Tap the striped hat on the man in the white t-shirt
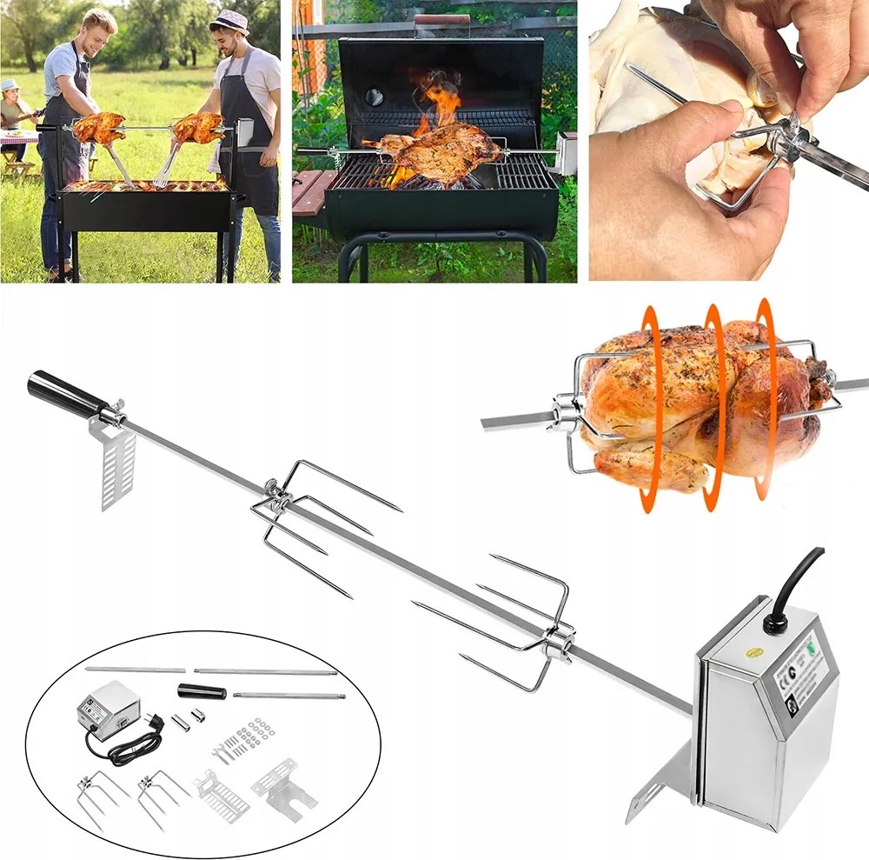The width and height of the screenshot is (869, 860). (229, 19)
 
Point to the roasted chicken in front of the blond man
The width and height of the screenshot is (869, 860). (98, 127)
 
